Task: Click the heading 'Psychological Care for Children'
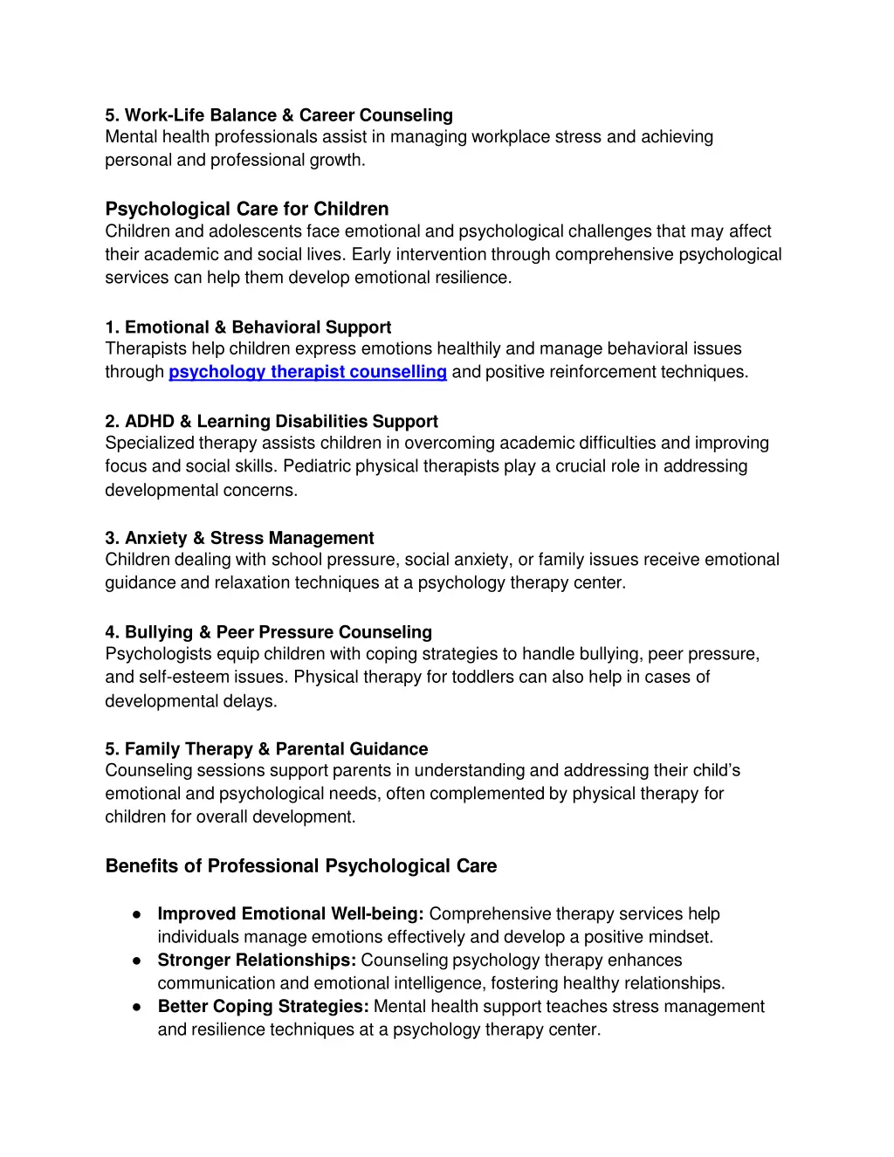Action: pos(247,209)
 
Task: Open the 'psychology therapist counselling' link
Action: pos(307,372)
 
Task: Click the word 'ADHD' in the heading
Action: pos(149,422)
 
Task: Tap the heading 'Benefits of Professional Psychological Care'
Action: pos(301,866)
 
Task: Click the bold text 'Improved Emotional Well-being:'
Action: pos(291,914)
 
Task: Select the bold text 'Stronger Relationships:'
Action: pos(257,961)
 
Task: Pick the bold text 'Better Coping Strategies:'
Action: pos(263,1007)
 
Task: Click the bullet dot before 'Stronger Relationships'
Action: pos(137,961)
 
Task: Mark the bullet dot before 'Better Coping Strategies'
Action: pos(137,1007)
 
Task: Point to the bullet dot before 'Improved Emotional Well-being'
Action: pos(137,914)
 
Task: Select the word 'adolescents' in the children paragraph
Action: pos(256,231)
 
